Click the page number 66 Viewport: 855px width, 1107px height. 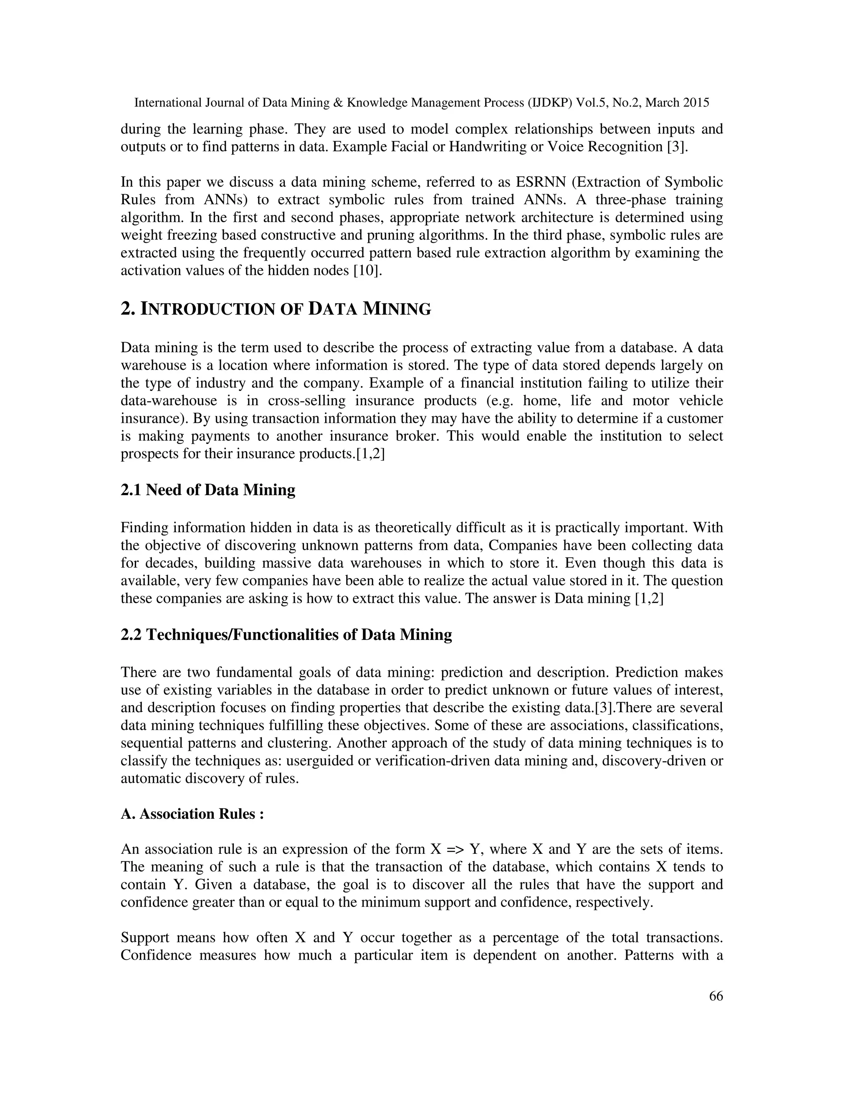click(716, 996)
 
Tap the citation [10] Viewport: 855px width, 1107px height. click(366, 270)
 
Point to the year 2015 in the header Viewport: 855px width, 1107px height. click(696, 103)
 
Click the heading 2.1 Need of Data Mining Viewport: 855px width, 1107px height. click(207, 490)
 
